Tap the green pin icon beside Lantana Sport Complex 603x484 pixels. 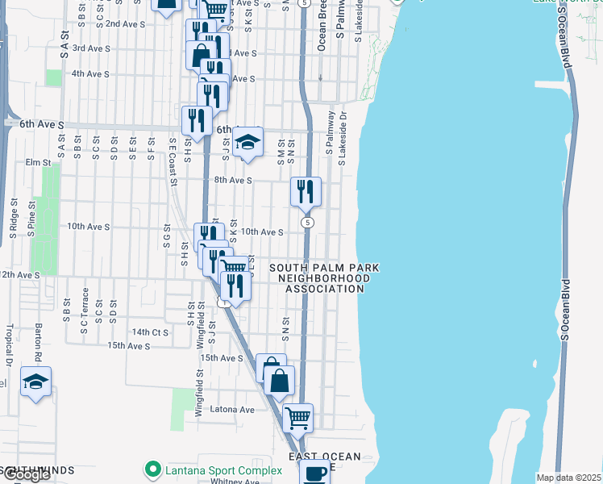tap(151, 468)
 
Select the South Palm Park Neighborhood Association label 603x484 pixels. tap(319, 278)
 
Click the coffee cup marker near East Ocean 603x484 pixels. tap(314, 473)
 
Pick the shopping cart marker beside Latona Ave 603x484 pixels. tap(297, 417)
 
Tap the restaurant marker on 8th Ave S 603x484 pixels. tap(306, 191)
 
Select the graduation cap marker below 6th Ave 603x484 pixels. tap(248, 142)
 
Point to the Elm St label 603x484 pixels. tap(38, 162)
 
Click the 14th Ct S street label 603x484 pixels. tap(150, 332)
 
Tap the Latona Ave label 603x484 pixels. tap(232, 410)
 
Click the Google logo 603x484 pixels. tap(27, 475)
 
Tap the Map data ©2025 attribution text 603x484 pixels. tap(569, 478)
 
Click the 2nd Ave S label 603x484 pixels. tap(125, 24)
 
